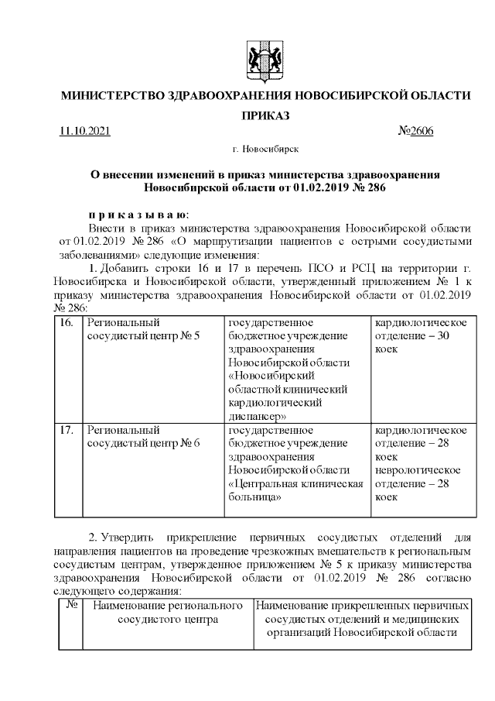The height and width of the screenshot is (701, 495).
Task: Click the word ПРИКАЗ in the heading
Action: (265, 115)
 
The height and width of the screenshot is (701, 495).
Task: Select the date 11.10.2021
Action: (85, 131)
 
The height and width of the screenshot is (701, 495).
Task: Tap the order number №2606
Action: (415, 131)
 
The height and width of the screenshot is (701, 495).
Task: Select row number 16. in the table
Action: (67, 321)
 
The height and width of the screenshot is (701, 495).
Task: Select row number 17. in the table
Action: (67, 430)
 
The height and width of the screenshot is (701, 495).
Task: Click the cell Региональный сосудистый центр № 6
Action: (144, 436)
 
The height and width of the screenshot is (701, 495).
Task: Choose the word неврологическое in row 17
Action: (418, 471)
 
